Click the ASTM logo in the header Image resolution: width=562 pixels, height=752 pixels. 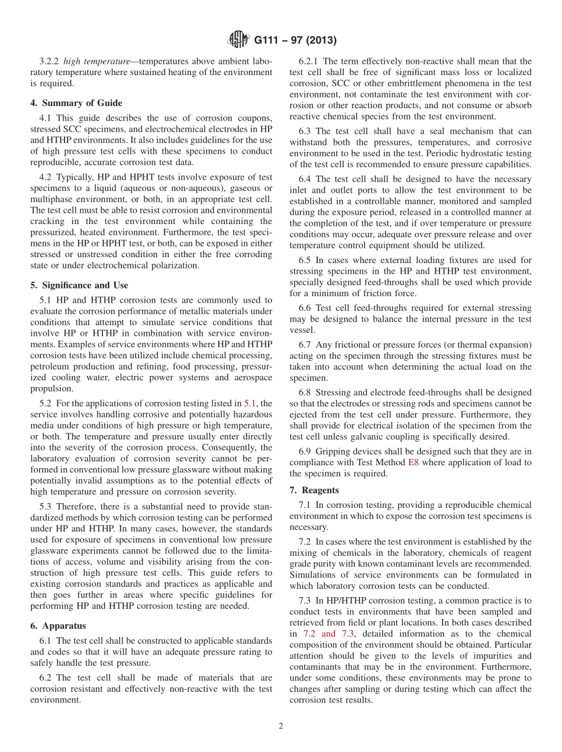coord(238,40)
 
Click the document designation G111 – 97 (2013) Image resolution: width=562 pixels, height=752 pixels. coord(295,41)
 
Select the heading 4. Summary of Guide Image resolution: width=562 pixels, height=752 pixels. coord(76,103)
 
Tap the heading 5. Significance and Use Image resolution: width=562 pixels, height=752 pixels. coord(79,285)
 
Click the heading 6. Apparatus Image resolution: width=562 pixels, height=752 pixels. coord(57,625)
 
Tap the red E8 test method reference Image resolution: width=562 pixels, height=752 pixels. coord(413,462)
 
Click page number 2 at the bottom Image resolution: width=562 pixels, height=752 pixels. coord(281,727)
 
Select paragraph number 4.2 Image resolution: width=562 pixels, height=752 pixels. coord(46,177)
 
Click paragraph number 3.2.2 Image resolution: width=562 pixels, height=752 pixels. coord(49,61)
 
